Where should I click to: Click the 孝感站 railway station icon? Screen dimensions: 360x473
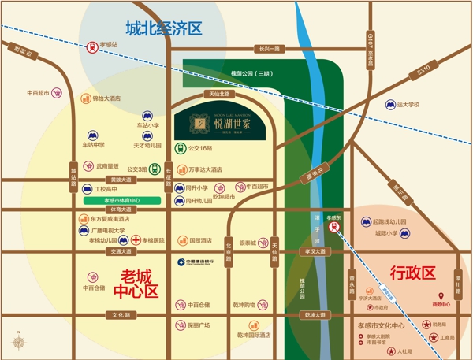93,46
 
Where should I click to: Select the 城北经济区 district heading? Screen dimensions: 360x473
165,28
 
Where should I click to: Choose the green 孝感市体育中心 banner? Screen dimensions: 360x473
121,201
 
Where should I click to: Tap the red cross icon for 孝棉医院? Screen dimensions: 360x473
136,240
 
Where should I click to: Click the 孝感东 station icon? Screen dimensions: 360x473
335,226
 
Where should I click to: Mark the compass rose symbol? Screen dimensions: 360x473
17,342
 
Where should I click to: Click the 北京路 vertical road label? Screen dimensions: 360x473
229,250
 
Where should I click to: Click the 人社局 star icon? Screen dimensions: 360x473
389,351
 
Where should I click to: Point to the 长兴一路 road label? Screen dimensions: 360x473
269,49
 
